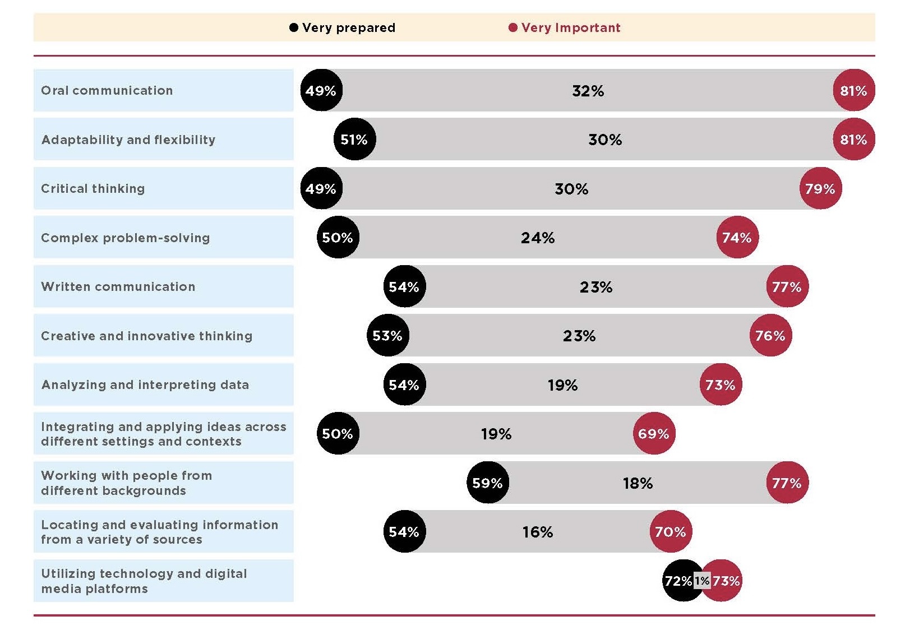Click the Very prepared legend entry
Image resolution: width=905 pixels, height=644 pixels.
pyautogui.click(x=342, y=27)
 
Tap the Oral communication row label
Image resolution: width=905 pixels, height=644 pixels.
pyautogui.click(x=107, y=90)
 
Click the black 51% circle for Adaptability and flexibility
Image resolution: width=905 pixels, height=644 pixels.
pyautogui.click(x=354, y=139)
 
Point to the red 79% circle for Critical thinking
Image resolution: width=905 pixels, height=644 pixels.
pyautogui.click(x=820, y=188)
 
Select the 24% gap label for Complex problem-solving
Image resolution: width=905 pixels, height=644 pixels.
pyautogui.click(x=537, y=238)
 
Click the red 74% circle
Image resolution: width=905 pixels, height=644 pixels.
pyautogui.click(x=737, y=237)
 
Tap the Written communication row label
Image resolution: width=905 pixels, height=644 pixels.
pyautogui.click(x=118, y=286)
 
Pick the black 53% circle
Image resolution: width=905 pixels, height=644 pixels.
pyautogui.click(x=387, y=335)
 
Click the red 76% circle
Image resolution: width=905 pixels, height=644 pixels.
pyautogui.click(x=770, y=335)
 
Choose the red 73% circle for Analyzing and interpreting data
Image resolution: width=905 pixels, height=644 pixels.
pyautogui.click(x=720, y=384)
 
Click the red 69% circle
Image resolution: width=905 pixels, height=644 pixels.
pyautogui.click(x=654, y=433)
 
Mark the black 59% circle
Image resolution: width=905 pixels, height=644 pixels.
pyautogui.click(x=487, y=483)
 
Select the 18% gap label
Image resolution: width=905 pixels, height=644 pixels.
pyautogui.click(x=638, y=483)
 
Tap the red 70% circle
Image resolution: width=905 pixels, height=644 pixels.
pyautogui.click(x=671, y=531)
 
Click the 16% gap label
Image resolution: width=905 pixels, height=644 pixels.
pyautogui.click(x=537, y=531)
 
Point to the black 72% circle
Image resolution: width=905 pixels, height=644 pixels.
pyautogui.click(x=679, y=581)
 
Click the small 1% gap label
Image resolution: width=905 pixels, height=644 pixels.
pyautogui.click(x=702, y=581)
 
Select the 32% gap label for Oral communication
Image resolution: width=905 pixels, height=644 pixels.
pyautogui.click(x=588, y=90)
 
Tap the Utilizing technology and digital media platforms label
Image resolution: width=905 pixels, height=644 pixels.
pyautogui.click(x=144, y=581)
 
